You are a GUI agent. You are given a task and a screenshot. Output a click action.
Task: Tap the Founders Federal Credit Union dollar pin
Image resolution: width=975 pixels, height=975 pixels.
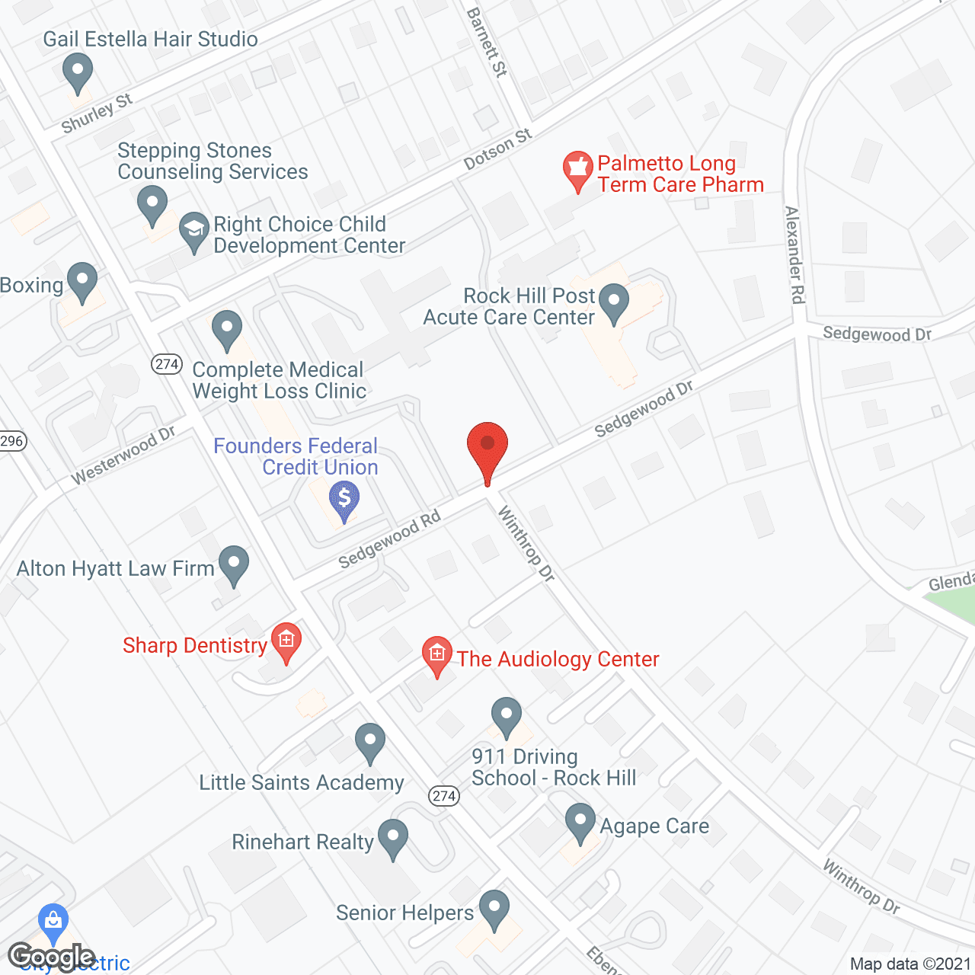(344, 500)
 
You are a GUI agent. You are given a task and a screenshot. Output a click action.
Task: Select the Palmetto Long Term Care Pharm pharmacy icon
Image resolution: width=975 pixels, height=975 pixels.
(578, 170)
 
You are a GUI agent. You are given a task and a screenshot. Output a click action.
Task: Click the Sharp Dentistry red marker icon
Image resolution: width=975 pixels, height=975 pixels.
(286, 641)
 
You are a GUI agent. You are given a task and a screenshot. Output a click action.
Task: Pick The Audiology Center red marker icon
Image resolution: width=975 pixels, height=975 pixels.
(436, 655)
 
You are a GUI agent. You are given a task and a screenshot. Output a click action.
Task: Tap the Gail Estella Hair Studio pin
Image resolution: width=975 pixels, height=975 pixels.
(77, 72)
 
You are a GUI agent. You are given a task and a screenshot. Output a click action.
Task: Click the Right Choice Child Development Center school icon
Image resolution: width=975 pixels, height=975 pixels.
(194, 230)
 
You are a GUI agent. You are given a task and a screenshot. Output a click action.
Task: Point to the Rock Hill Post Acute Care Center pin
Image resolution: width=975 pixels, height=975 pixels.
(614, 302)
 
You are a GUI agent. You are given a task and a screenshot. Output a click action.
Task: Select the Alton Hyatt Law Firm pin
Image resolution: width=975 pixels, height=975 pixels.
(234, 564)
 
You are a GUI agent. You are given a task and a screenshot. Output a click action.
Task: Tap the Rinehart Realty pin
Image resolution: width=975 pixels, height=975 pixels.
(393, 838)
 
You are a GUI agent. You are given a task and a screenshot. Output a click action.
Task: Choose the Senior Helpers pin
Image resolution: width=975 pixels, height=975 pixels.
(494, 909)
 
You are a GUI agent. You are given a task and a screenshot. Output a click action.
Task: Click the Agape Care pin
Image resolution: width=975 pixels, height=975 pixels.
(580, 823)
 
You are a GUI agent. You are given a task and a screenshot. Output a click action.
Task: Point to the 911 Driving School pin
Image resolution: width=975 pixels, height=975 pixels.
(507, 716)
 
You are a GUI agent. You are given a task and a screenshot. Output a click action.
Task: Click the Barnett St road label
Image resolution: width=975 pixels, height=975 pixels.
(487, 43)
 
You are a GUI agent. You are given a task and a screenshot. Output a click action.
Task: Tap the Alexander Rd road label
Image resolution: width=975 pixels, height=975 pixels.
(794, 255)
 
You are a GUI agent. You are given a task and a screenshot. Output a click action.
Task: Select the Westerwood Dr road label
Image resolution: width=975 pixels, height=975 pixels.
(123, 456)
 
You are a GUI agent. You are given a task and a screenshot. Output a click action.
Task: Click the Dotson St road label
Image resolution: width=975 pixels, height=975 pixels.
(497, 150)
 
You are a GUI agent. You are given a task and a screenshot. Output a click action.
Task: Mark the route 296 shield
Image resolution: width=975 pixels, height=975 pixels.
(12, 441)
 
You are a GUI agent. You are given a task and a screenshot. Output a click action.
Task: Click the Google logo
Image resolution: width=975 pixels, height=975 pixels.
(52, 957)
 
